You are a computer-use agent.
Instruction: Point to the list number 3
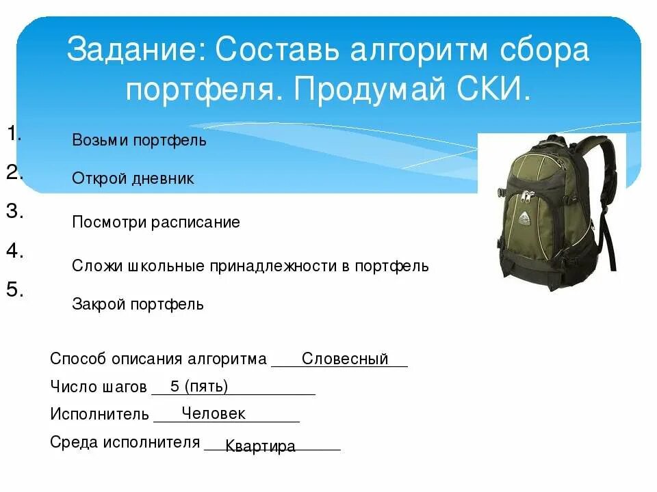click(15, 211)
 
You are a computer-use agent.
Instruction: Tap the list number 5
click(15, 289)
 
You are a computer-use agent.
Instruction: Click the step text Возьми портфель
click(139, 141)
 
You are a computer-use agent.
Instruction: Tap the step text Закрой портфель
click(138, 304)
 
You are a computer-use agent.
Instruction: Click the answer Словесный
click(345, 359)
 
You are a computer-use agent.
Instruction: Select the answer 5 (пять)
click(199, 387)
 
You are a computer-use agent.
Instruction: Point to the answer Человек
click(214, 413)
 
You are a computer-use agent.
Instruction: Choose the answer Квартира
click(260, 446)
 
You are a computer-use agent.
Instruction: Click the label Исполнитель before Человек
click(100, 414)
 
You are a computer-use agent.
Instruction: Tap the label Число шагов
click(99, 387)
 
